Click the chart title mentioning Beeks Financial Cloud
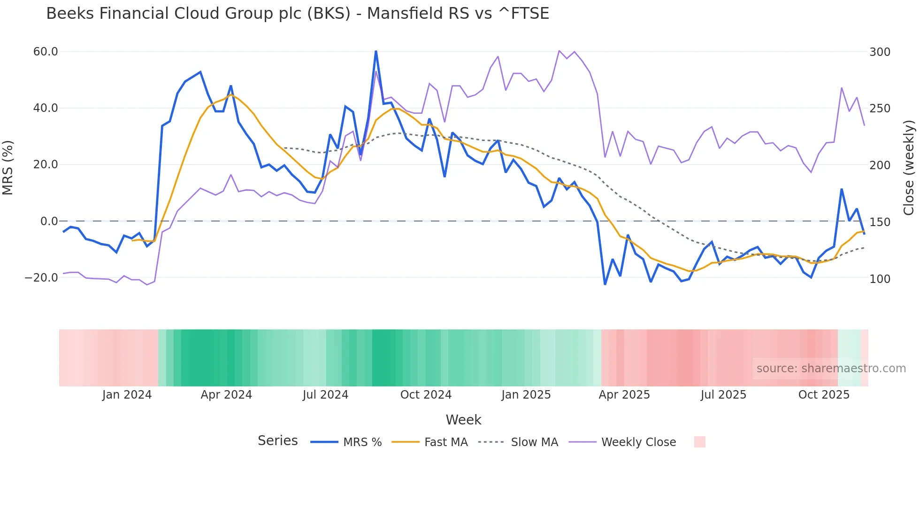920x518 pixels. pos(298,14)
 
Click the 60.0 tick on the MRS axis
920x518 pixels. pos(46,52)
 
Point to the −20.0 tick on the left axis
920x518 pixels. pos(41,278)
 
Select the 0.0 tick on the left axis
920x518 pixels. pos(49,221)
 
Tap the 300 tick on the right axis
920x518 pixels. pos(880,52)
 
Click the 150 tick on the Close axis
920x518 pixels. pos(880,222)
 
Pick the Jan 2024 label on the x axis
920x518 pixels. pos(127,395)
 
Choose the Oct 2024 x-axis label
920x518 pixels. pos(426,395)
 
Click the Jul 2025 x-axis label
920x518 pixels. pos(723,395)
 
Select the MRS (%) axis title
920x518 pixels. pos(8,168)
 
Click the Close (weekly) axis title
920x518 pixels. pos(909,168)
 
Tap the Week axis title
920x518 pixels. pos(463,420)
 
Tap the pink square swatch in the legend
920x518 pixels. pos(699,442)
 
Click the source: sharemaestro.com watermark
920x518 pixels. pos(831,369)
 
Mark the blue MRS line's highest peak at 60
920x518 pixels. pos(376,51)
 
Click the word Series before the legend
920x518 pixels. pos(277,441)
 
